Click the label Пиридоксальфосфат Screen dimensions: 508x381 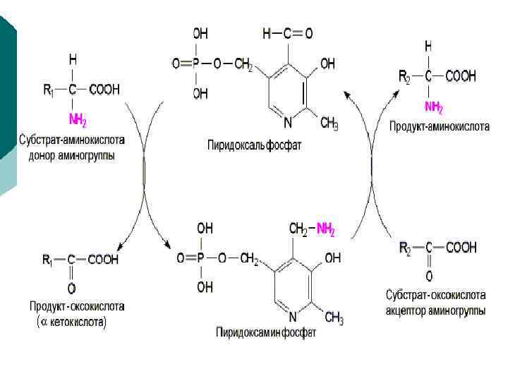(x=254, y=146)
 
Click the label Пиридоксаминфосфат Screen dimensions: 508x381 (x=266, y=332)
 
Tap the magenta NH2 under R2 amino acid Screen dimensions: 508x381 (x=434, y=107)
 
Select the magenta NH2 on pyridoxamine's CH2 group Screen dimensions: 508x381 (x=325, y=229)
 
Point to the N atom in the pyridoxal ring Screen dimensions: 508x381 (x=288, y=122)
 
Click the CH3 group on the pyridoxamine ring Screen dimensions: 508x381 (x=333, y=320)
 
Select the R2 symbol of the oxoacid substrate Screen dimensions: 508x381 (x=405, y=248)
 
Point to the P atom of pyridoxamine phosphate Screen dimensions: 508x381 (x=204, y=258)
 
